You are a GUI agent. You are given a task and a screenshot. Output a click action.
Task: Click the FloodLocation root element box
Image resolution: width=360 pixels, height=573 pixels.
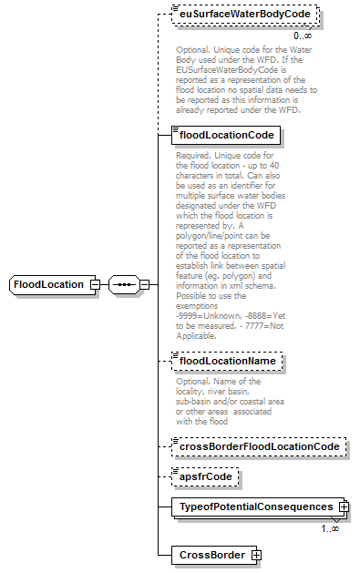[x=51, y=285]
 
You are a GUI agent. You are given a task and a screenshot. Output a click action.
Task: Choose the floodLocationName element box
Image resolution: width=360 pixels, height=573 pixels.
[x=228, y=362]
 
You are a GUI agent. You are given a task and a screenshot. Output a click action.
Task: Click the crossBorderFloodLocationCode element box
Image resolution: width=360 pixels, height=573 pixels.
[x=259, y=447]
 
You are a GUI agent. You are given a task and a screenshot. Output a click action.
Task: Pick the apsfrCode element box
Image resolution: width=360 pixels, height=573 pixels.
[x=205, y=476]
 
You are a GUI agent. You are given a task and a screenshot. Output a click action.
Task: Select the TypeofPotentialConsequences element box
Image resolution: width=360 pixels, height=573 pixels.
[x=255, y=506]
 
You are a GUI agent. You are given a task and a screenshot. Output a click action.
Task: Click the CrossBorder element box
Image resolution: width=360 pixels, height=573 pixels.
[x=210, y=554]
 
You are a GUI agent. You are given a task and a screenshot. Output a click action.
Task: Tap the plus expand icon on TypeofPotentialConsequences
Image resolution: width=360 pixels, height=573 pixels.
[x=343, y=506]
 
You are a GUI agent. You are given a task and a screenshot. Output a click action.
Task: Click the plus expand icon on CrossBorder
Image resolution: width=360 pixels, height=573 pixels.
[x=256, y=554]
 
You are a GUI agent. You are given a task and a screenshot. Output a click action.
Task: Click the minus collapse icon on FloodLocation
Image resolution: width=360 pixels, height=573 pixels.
[x=94, y=285]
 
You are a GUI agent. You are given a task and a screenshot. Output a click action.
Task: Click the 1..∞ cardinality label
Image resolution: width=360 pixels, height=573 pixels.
[x=329, y=527]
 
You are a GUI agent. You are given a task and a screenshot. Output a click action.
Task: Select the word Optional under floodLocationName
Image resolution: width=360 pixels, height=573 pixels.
[x=192, y=382]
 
